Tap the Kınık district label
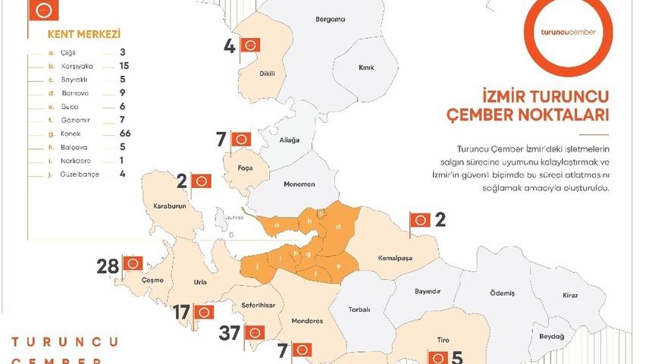click(367, 67)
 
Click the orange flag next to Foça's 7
click(241, 139)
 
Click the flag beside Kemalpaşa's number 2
click(419, 221)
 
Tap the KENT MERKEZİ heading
click(74, 35)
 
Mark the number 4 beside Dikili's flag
click(230, 47)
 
